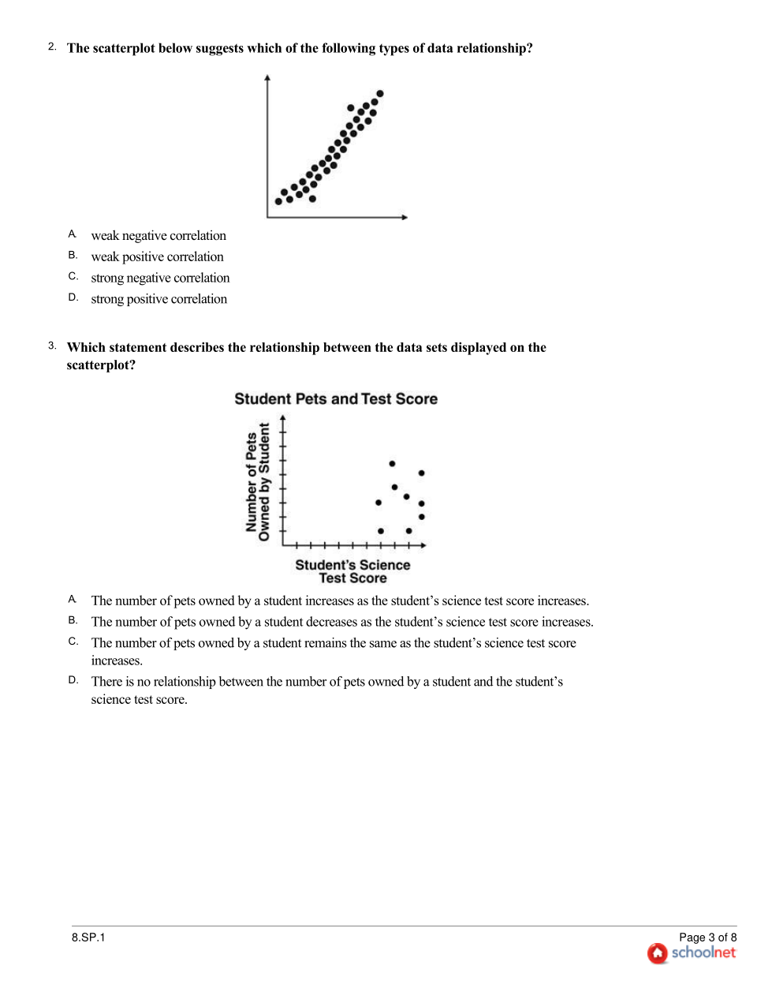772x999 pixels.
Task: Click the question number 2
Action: tap(52, 47)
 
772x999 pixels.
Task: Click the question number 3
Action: tap(52, 346)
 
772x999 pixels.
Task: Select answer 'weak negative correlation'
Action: tap(159, 236)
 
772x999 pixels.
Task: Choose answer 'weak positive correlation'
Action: tap(157, 257)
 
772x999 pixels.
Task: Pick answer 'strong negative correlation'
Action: tap(160, 279)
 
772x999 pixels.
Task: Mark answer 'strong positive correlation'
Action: tap(159, 300)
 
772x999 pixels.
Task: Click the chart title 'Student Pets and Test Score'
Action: tap(336, 399)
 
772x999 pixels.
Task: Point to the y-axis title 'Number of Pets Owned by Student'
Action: tap(258, 482)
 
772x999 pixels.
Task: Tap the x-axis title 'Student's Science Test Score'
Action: tap(352, 571)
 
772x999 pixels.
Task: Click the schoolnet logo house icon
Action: tap(658, 953)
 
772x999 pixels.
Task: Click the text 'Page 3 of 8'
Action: tap(707, 937)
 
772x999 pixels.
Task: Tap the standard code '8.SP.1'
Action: tap(88, 937)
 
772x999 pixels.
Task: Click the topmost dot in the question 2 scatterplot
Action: tap(380, 94)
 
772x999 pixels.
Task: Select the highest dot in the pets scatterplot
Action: tap(392, 464)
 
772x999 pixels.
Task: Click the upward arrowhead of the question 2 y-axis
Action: tap(267, 78)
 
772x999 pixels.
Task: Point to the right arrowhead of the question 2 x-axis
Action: tap(405, 217)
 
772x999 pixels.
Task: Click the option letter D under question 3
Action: tap(73, 680)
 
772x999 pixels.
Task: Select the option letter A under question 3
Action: tap(73, 600)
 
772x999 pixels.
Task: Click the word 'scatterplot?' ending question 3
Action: tap(101, 365)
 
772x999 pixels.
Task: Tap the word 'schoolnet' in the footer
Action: tap(703, 952)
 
